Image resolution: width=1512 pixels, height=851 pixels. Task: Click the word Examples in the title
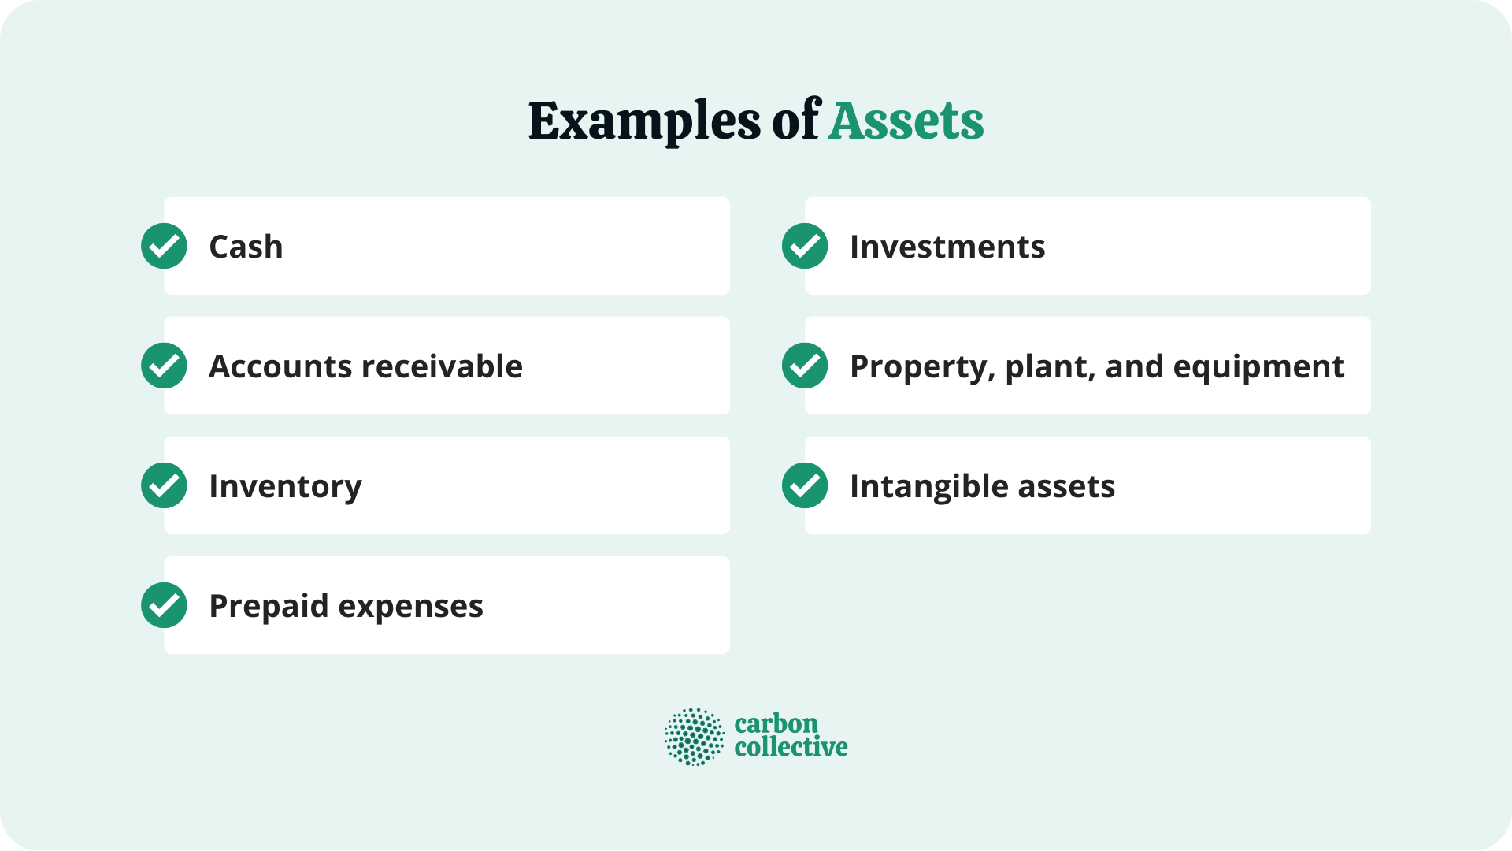coord(644,122)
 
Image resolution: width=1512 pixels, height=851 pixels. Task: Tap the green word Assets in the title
coord(906,122)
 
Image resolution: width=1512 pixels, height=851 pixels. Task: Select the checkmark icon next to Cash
coord(164,246)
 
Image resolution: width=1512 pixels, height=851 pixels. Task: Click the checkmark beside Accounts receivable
coord(164,366)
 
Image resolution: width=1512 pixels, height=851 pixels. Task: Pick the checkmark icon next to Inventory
coord(164,485)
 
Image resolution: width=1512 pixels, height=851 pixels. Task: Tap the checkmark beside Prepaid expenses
coord(164,605)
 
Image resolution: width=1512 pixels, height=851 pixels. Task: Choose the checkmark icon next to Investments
coord(805,246)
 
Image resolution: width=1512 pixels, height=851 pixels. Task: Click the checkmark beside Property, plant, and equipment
coord(805,366)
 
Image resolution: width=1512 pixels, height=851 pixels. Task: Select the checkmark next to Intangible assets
coord(805,485)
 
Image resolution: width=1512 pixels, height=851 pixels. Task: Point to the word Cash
coord(246,247)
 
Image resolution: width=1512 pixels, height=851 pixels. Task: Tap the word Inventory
coord(285,487)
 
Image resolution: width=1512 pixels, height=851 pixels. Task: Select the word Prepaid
coord(269,607)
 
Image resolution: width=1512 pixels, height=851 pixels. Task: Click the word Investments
coord(947,247)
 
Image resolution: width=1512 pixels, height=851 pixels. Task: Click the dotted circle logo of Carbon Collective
coord(694,737)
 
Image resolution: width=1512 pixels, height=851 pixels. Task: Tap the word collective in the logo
coord(791,748)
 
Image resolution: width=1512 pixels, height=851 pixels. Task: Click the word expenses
coord(410,607)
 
